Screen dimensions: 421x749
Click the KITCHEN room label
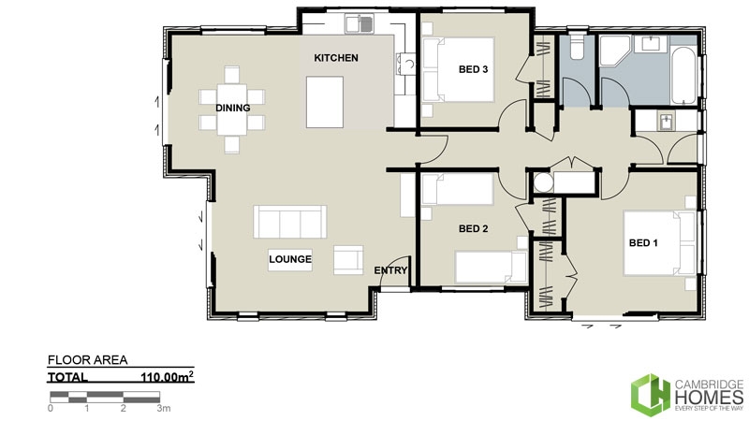(335, 58)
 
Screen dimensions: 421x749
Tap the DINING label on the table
(232, 108)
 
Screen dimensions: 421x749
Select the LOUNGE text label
(289, 258)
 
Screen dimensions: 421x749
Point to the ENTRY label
(390, 270)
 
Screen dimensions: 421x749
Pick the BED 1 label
(643, 243)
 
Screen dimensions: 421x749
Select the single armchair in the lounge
(348, 259)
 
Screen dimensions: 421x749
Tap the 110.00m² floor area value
(166, 378)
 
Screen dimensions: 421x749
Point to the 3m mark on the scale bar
(163, 408)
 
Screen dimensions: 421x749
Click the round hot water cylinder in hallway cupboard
(540, 182)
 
